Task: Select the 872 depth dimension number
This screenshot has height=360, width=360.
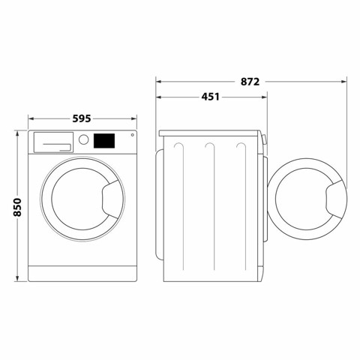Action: (x=250, y=81)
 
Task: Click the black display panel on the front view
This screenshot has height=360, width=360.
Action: (x=105, y=140)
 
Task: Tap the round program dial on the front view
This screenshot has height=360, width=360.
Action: (x=84, y=140)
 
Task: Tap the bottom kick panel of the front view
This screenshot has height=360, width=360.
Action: (x=83, y=274)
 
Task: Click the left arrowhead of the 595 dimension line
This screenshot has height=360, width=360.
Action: (x=31, y=118)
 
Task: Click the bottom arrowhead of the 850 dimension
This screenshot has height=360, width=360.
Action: (x=17, y=280)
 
